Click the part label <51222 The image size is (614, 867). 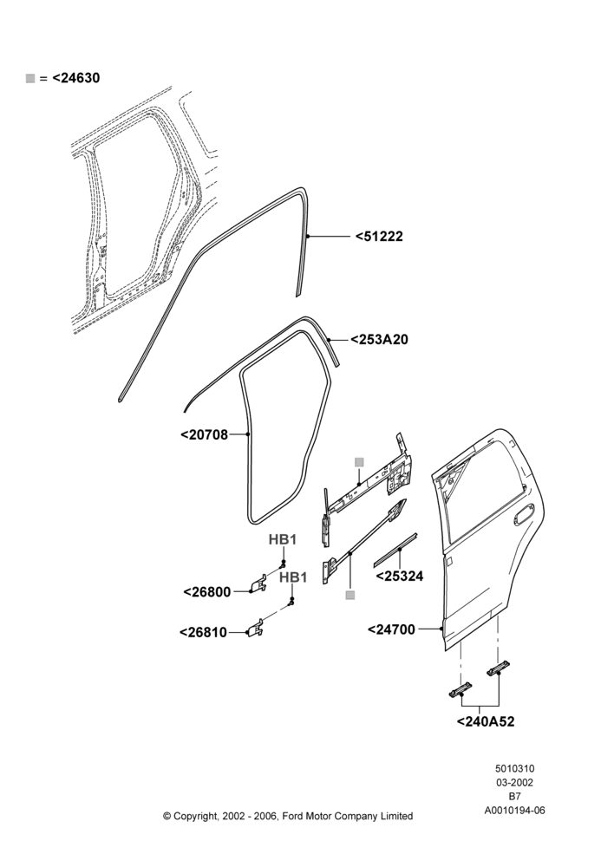[x=379, y=237]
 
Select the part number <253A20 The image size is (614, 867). [x=380, y=340]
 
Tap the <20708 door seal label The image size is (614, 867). [x=204, y=435]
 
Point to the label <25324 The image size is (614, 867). [x=400, y=577]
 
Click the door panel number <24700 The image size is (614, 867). [x=391, y=629]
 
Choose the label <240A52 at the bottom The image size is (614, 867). [x=486, y=721]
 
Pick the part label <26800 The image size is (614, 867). [x=207, y=592]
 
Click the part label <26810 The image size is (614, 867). [x=204, y=632]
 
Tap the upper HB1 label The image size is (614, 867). [x=283, y=539]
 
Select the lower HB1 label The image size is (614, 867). [x=293, y=577]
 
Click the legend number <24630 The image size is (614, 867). [x=76, y=78]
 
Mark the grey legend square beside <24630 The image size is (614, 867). [x=30, y=79]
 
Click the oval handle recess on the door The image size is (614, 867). [x=524, y=515]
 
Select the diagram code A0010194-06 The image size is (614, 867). [x=515, y=811]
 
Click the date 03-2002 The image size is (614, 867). [x=514, y=782]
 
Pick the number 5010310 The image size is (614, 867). [x=514, y=768]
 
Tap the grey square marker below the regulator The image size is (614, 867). [x=349, y=595]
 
